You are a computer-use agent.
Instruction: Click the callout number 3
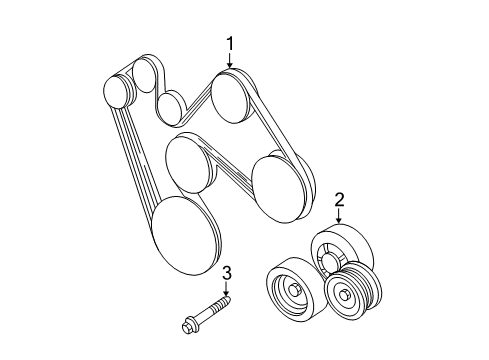click(226, 271)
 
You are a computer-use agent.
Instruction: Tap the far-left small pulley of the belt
click(118, 91)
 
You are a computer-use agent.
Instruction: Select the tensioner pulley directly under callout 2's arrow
click(338, 251)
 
